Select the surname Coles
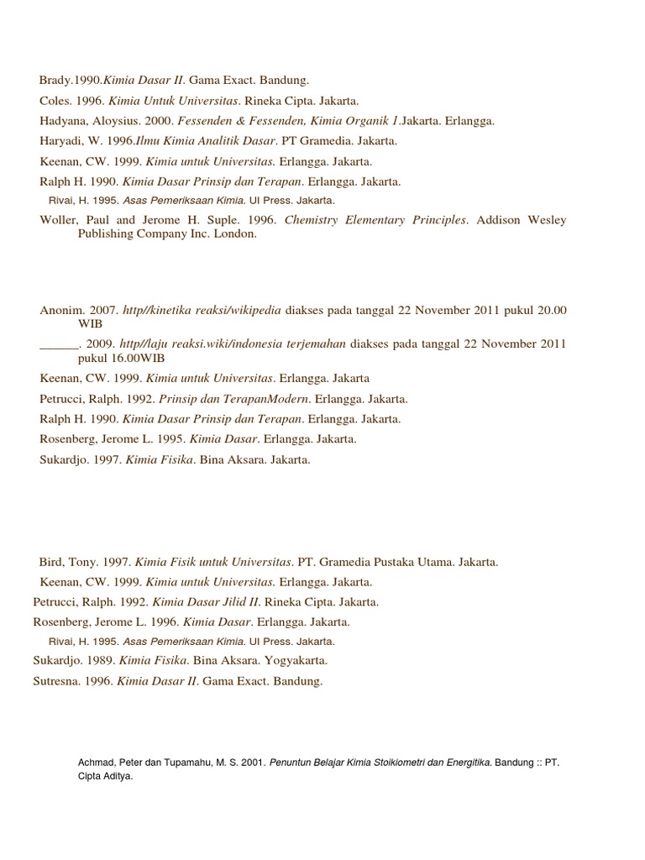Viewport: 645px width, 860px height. (55, 101)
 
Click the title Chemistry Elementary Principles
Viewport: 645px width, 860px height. (375, 220)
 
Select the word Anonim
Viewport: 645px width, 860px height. (61, 311)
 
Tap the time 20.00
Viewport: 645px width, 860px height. (551, 311)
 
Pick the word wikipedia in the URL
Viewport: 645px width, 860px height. (253, 311)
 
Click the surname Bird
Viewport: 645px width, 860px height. (50, 561)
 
